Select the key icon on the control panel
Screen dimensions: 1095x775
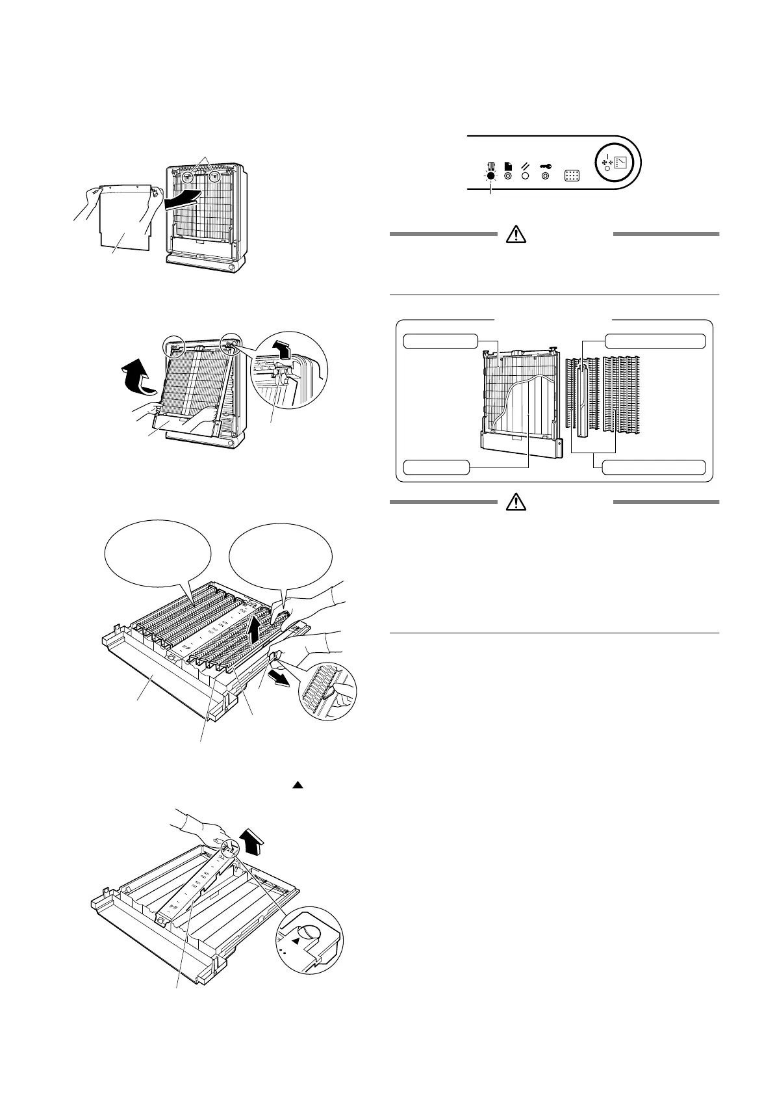coord(545,166)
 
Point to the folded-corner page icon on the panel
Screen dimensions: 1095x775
coord(508,166)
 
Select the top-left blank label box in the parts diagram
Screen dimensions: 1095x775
coord(440,341)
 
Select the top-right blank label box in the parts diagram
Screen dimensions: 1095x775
coord(655,341)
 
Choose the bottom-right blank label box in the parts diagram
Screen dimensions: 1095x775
coord(654,467)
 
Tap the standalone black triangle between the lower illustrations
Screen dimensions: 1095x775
coord(298,785)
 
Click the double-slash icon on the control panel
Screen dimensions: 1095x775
coord(526,166)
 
